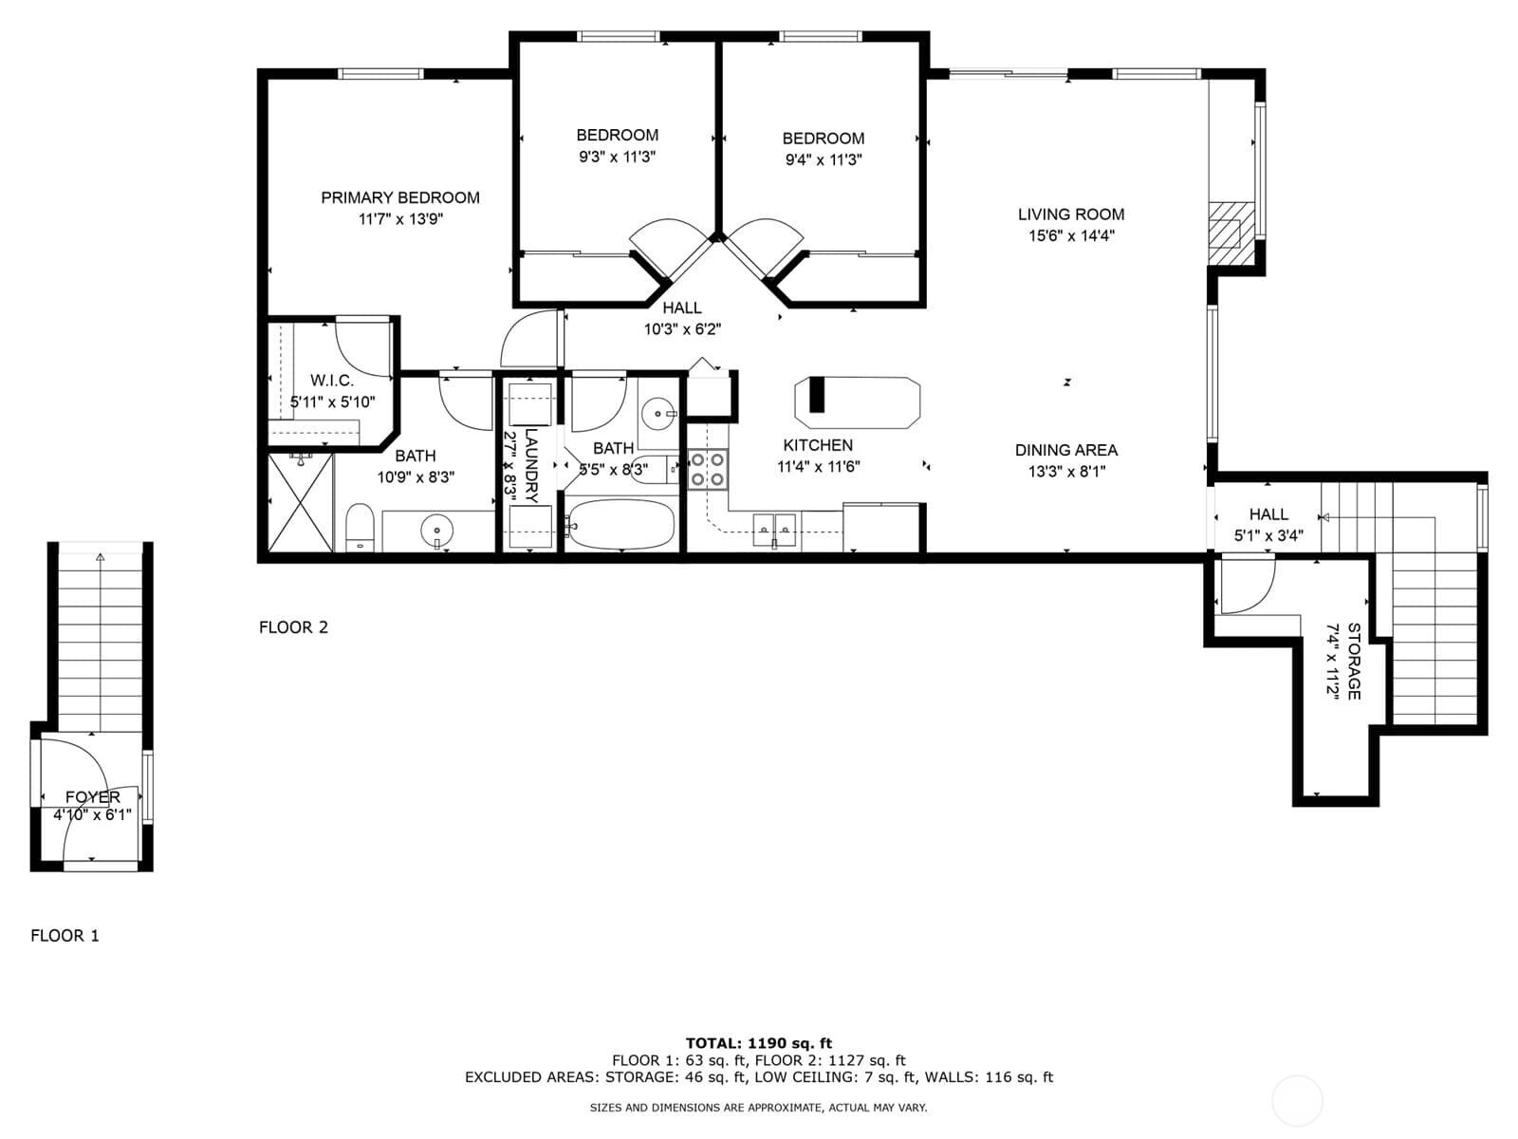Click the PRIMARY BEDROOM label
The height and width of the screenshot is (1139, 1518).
pyautogui.click(x=399, y=197)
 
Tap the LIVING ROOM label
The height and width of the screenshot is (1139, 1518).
pyautogui.click(x=1070, y=215)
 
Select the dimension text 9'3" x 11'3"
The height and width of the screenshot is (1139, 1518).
pyautogui.click(x=617, y=157)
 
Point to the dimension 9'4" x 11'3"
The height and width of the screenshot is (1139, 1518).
pyautogui.click(x=823, y=159)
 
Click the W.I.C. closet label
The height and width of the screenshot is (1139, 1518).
pyautogui.click(x=332, y=381)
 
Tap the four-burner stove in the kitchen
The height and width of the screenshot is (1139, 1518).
pyautogui.click(x=708, y=469)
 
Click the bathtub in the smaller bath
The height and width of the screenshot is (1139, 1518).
pyautogui.click(x=620, y=524)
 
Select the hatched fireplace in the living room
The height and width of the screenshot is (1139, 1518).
pyautogui.click(x=1231, y=233)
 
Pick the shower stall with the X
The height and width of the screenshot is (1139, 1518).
pyautogui.click(x=300, y=502)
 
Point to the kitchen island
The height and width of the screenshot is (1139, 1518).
pyautogui.click(x=858, y=402)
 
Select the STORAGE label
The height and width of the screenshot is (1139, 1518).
pyautogui.click(x=1354, y=662)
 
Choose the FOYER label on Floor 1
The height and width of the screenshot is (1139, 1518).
pyautogui.click(x=93, y=797)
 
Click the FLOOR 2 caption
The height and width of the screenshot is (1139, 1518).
pyautogui.click(x=293, y=627)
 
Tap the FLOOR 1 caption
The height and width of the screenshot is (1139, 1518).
pyautogui.click(x=65, y=936)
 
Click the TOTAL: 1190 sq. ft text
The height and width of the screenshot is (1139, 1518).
pyautogui.click(x=759, y=1043)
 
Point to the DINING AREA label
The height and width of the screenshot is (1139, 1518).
pyautogui.click(x=1066, y=450)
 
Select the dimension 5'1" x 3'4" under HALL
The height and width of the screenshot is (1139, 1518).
pyautogui.click(x=1268, y=535)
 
